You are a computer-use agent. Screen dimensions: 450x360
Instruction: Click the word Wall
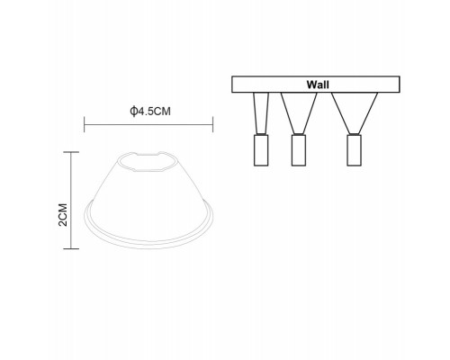click(318, 85)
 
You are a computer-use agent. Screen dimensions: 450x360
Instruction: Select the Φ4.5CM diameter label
click(150, 112)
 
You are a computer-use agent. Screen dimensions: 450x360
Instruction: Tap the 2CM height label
click(63, 214)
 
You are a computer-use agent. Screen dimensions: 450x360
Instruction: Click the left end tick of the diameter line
click(85, 124)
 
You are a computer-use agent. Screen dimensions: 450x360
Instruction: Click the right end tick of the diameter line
click(212, 124)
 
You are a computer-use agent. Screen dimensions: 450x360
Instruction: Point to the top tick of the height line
click(71, 152)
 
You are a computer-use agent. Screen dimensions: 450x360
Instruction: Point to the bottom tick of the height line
click(71, 248)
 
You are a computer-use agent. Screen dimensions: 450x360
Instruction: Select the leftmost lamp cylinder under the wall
click(261, 150)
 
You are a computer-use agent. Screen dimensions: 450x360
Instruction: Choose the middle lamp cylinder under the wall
click(299, 150)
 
